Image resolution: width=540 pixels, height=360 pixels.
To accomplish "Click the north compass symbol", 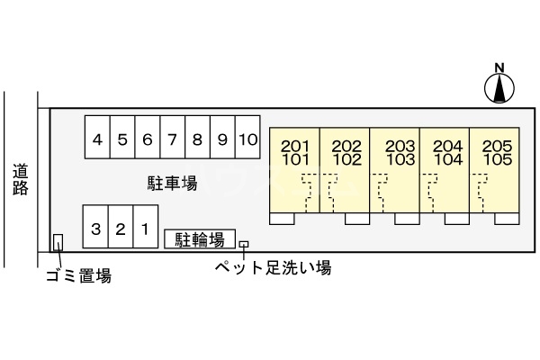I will pyautogui.click(x=499, y=85).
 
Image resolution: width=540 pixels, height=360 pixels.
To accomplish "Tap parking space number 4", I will pyautogui.click(x=97, y=139).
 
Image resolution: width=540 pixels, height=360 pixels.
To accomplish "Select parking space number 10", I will pyautogui.click(x=248, y=139).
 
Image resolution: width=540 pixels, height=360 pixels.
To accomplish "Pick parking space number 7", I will pyautogui.click(x=172, y=139).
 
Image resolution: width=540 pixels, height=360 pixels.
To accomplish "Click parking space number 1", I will pyautogui.click(x=145, y=229).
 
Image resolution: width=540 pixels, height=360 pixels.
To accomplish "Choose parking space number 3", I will pyautogui.click(x=95, y=229).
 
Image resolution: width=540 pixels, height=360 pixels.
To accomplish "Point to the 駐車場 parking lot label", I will pyautogui.click(x=172, y=184).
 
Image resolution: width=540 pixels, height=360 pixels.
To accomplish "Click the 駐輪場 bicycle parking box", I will pyautogui.click(x=200, y=239).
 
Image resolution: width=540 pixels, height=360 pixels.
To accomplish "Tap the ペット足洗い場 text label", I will pyautogui.click(x=272, y=267).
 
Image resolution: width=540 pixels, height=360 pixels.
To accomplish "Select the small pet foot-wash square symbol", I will pyautogui.click(x=243, y=244).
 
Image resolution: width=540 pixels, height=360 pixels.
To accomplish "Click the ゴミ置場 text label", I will pyautogui.click(x=78, y=276).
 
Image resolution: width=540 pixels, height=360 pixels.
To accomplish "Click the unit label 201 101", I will pyautogui.click(x=296, y=153).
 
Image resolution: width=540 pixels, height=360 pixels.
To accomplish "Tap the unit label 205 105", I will pyautogui.click(x=497, y=153).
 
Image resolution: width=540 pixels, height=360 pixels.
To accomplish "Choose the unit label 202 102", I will pyautogui.click(x=346, y=153).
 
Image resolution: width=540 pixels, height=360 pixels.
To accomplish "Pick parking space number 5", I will pyautogui.click(x=122, y=139).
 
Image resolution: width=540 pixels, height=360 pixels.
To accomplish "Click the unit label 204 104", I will pyautogui.click(x=447, y=153).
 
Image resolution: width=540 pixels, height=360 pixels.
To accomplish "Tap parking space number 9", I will pyautogui.click(x=222, y=139).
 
